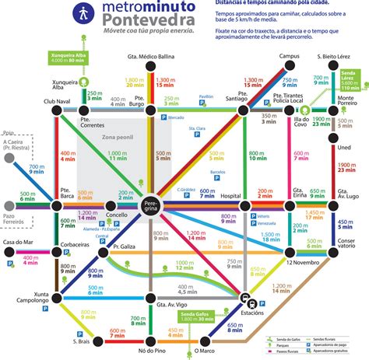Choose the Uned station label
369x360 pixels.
click(343, 149)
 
